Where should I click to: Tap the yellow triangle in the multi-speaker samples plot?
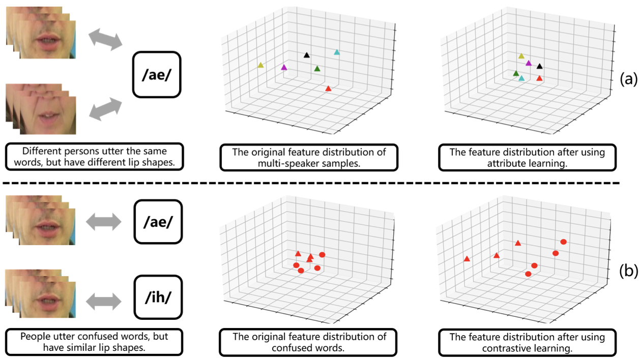261,65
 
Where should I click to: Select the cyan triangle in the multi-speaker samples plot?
336,52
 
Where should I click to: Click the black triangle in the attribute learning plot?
540,66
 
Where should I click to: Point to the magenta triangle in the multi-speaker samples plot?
284,68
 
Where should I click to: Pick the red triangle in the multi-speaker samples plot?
328,88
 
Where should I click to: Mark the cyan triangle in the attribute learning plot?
521,78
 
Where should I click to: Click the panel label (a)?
628,79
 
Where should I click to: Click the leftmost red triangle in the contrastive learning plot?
467,259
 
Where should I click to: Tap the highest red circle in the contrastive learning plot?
563,242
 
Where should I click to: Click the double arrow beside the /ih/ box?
104,302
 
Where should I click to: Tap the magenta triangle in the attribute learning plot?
529,64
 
